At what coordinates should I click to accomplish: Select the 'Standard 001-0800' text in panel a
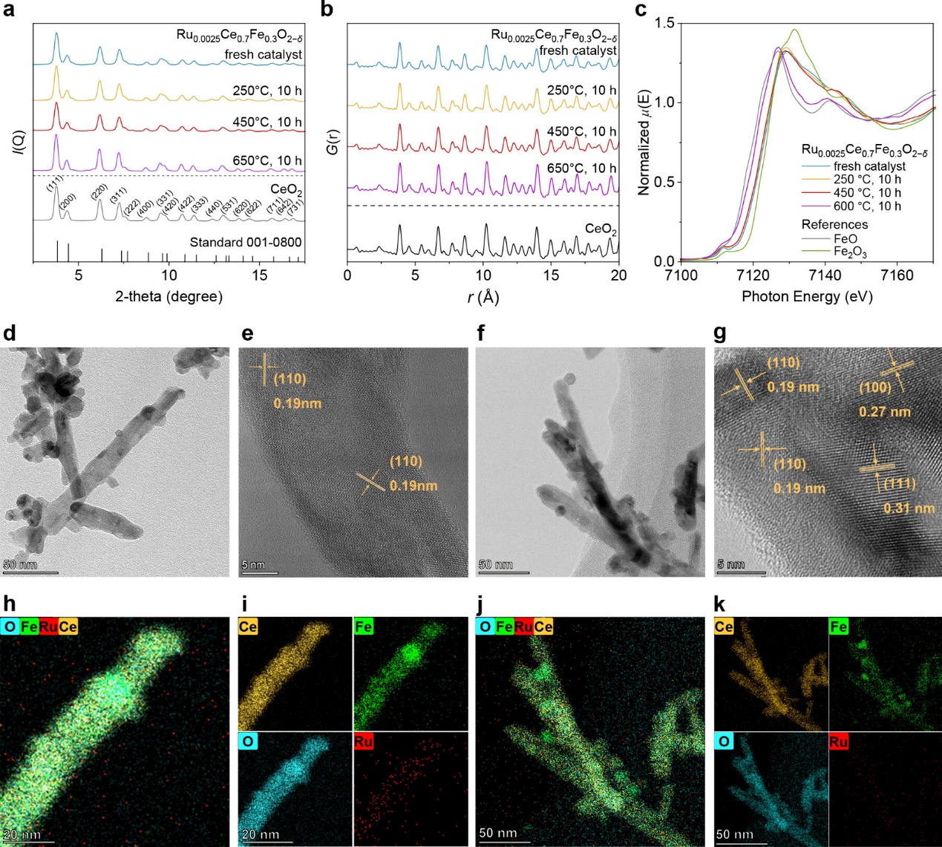point(246,242)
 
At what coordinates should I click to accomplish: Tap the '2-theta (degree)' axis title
point(169,296)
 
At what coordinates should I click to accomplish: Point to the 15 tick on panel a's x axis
point(259,275)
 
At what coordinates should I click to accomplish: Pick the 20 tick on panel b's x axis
point(618,275)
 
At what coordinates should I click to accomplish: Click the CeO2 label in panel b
point(601,229)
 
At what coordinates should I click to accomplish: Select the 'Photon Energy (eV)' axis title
point(807,296)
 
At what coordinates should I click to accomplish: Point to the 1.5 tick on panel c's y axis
point(665,24)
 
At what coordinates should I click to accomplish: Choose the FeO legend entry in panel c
point(845,239)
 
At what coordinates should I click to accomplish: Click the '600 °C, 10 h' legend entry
point(867,206)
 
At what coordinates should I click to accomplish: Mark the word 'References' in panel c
point(834,224)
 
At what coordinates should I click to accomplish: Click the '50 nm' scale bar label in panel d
point(20,565)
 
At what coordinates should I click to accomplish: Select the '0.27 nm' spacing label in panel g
point(885,412)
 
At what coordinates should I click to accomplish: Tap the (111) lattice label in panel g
point(899,483)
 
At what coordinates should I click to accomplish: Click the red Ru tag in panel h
point(48,627)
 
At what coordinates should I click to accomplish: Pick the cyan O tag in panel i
point(248,742)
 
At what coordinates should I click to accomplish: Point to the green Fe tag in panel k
point(839,627)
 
